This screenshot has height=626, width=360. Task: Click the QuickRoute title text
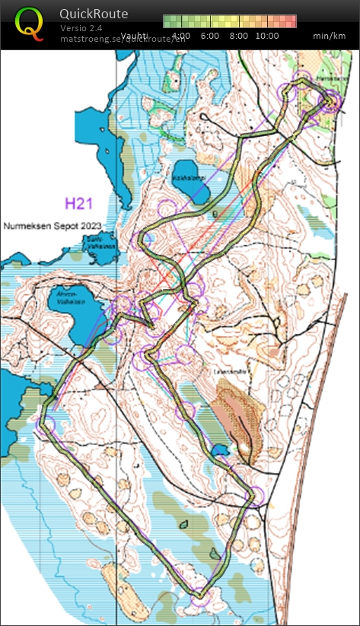pos(94,14)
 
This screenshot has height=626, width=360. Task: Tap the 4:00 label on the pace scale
pos(181,36)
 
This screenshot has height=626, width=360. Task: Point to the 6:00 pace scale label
pos(210,36)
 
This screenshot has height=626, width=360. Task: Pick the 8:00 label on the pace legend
pos(238,36)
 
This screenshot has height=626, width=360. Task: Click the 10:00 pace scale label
pos(266,36)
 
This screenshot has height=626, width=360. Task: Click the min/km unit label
pos(329,36)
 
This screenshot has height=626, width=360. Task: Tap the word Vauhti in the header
pos(135,36)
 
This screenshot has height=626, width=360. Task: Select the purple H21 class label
pos(79,203)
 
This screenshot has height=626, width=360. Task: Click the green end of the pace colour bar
pos(170,21)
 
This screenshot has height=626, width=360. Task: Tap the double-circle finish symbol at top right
pos(330,101)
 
